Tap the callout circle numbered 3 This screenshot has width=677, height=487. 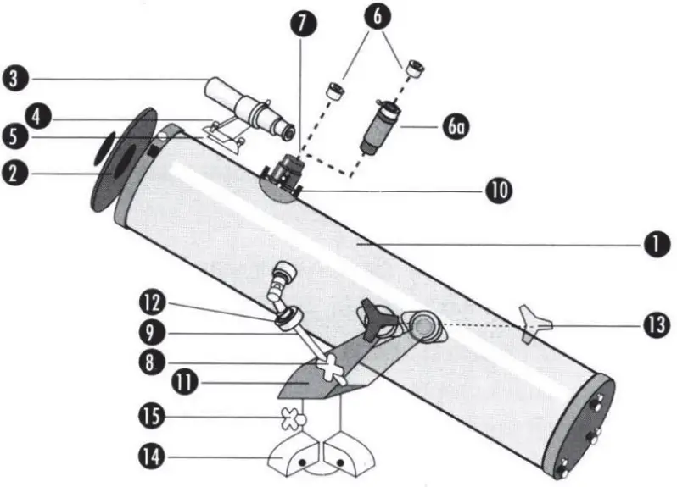pos(18,80)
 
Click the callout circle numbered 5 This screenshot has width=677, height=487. pos(18,136)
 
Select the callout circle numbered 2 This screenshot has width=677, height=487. pos(18,174)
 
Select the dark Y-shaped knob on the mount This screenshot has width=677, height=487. pos(374,320)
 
